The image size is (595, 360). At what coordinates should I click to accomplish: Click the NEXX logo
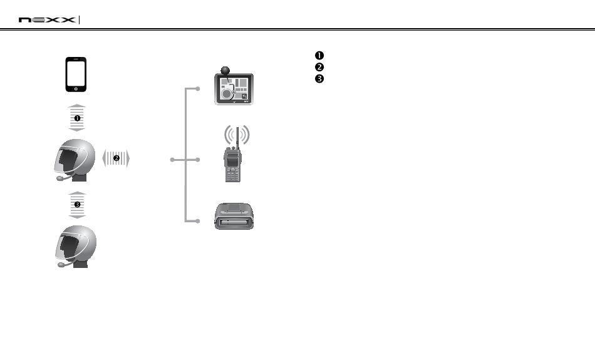[48, 20]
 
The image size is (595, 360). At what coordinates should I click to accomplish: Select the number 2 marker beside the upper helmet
[116, 158]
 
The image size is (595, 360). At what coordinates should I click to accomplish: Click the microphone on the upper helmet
[61, 178]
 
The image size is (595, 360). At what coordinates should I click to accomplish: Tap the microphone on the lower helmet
[61, 265]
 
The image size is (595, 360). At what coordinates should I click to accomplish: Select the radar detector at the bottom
[234, 217]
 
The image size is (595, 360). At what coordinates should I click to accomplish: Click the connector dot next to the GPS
[198, 89]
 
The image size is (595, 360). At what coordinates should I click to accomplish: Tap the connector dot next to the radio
[198, 160]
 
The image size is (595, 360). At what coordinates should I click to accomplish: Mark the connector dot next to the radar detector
[198, 221]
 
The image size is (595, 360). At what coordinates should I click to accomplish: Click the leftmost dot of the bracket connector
[172, 160]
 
